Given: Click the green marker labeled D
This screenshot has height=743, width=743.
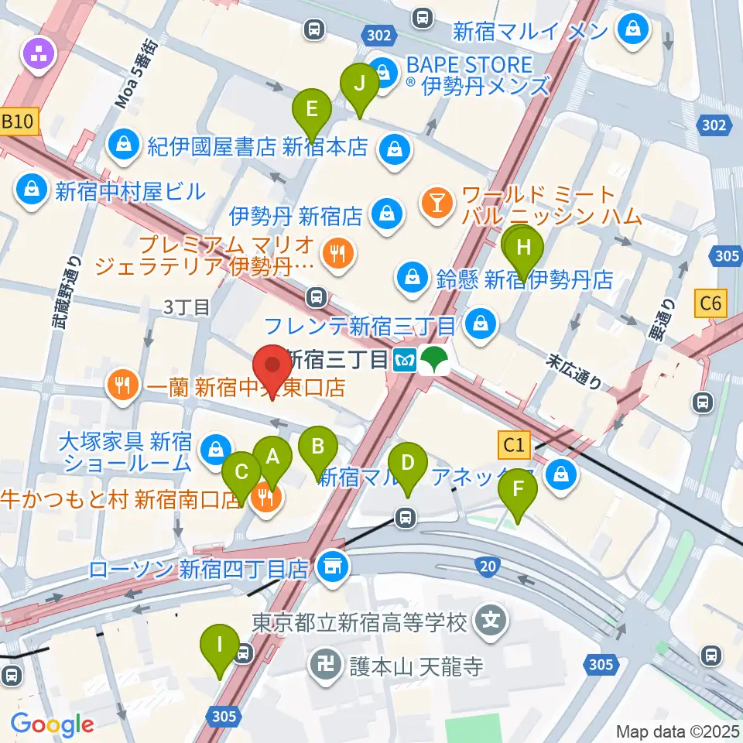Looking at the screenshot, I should [407, 467].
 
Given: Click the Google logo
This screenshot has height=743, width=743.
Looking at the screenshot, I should [52, 724].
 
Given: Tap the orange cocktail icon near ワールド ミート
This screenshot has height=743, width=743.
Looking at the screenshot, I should [437, 204].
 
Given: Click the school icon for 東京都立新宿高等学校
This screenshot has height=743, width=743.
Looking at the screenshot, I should [490, 620].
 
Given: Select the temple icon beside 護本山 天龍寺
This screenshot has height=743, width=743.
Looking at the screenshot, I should [323, 663].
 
